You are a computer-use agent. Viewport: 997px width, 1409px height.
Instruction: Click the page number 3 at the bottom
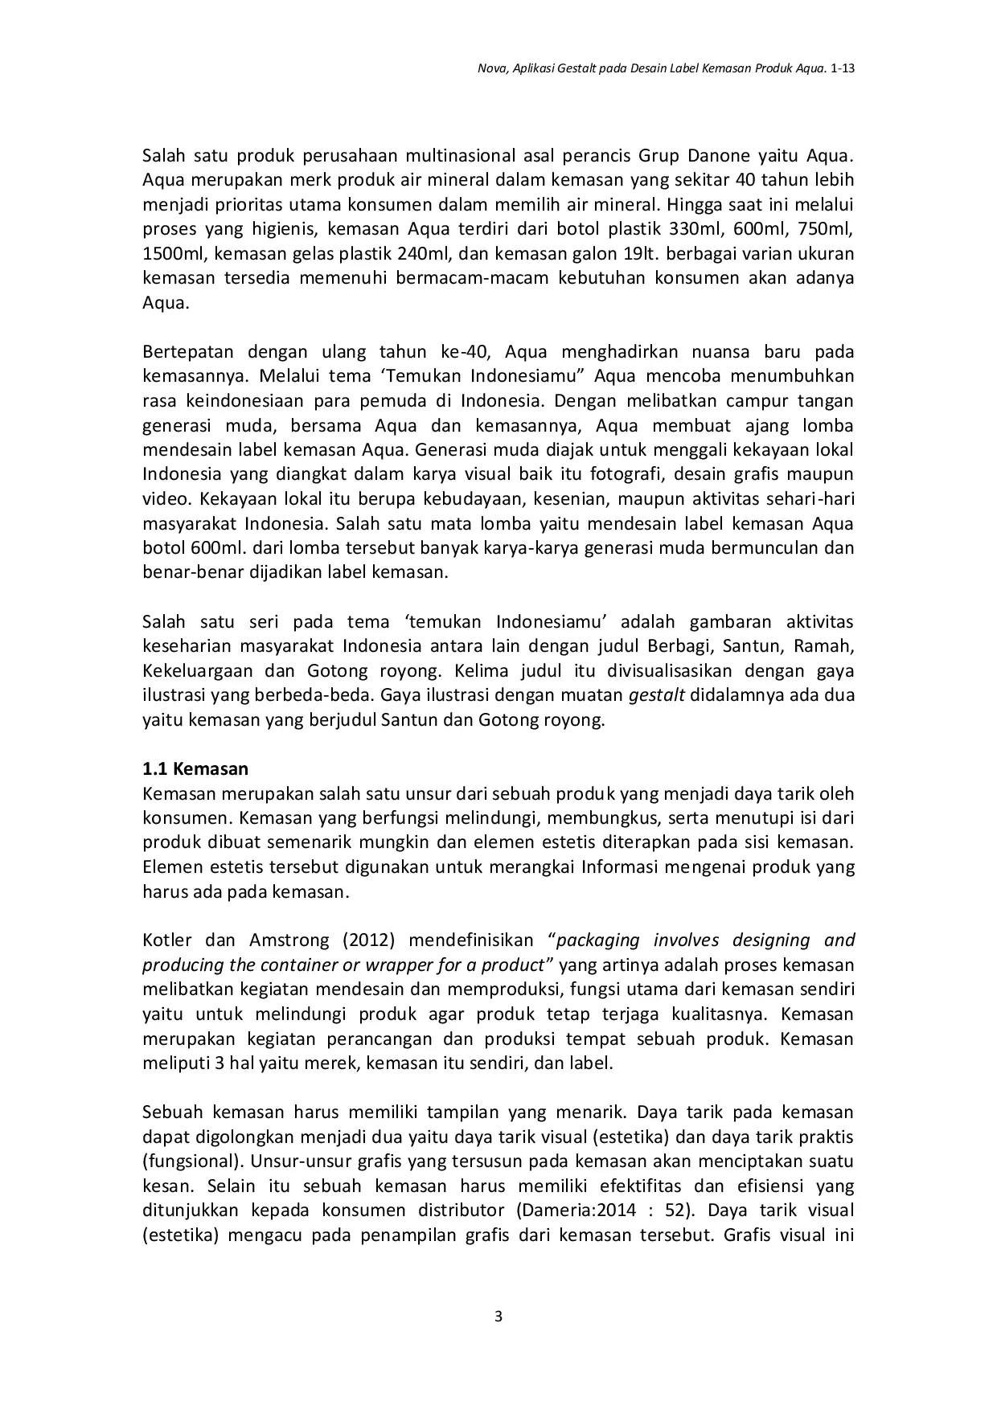click(x=498, y=1316)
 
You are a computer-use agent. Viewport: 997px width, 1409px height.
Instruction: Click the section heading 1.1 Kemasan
click(x=195, y=768)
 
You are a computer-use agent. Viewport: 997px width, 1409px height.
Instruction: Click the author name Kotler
click(x=167, y=940)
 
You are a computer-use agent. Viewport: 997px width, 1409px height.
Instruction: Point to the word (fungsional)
click(x=192, y=1161)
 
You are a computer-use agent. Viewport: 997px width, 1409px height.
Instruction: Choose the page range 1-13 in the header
click(x=842, y=69)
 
